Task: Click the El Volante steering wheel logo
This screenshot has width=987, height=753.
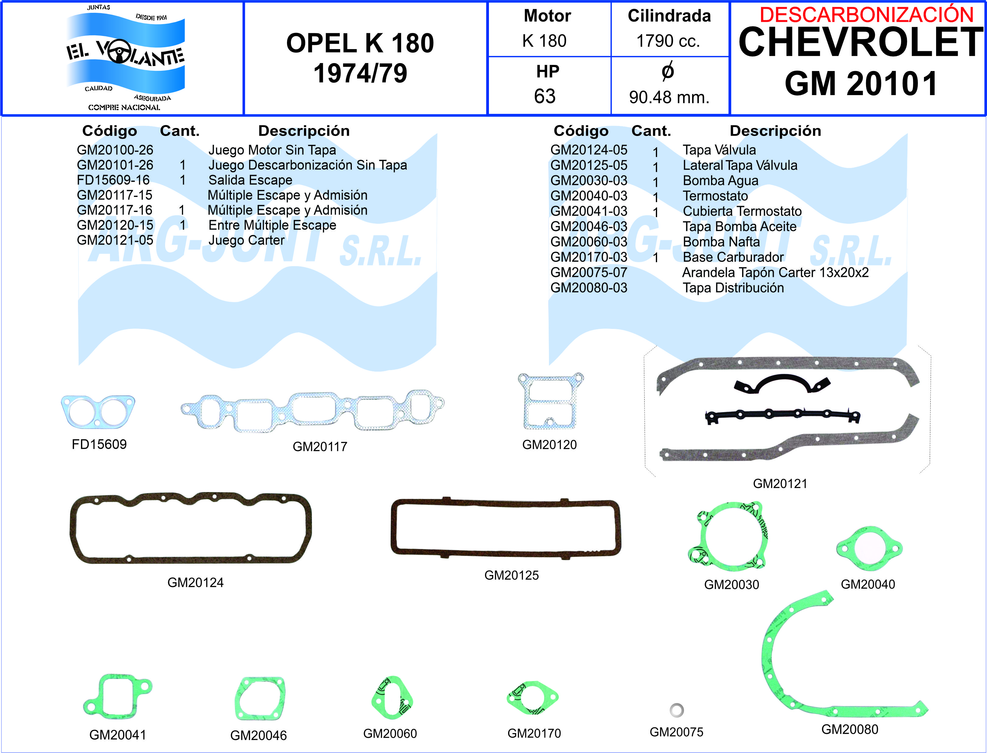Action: coord(126,57)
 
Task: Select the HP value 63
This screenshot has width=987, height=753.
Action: coord(545,96)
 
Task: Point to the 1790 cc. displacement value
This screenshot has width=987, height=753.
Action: coord(668,41)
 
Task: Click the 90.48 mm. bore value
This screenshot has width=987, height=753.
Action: coord(669,97)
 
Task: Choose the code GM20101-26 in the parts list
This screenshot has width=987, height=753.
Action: coord(115,165)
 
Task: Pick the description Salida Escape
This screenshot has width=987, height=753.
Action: coord(250,180)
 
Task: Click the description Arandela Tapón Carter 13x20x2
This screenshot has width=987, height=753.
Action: coord(775,273)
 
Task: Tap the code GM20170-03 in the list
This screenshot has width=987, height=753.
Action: coord(589,257)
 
